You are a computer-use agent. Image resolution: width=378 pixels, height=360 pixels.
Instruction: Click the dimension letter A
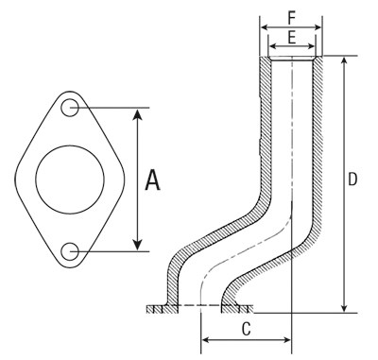click(153, 180)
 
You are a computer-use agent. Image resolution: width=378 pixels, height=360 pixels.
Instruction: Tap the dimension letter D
click(352, 180)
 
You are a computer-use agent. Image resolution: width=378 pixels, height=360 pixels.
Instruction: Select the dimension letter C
click(247, 330)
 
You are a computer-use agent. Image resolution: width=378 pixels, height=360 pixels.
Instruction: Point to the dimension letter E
click(292, 38)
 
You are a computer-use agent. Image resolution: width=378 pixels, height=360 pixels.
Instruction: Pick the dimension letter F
click(292, 19)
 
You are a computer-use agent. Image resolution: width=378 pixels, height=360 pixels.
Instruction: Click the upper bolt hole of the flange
click(70, 108)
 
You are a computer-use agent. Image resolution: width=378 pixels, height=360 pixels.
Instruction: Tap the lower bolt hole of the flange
click(70, 251)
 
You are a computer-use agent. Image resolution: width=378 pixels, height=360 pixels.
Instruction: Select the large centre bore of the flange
click(70, 180)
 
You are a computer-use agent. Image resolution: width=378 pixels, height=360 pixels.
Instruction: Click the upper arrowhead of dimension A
click(137, 114)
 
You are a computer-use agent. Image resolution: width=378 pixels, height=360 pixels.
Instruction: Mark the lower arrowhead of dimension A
click(137, 245)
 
